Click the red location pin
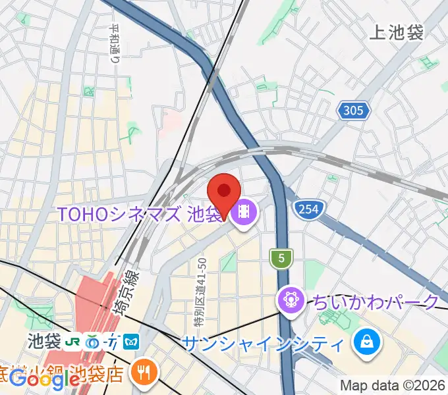tap(223, 192)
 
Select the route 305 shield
tap(354, 111)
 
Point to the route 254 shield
tap(307, 209)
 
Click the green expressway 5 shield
tap(281, 259)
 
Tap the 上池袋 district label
tap(397, 32)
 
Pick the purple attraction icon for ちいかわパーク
tap(290, 302)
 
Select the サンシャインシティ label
tap(262, 342)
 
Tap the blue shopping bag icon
tap(364, 342)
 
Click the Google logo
tap(45, 379)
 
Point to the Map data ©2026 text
tap(392, 385)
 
